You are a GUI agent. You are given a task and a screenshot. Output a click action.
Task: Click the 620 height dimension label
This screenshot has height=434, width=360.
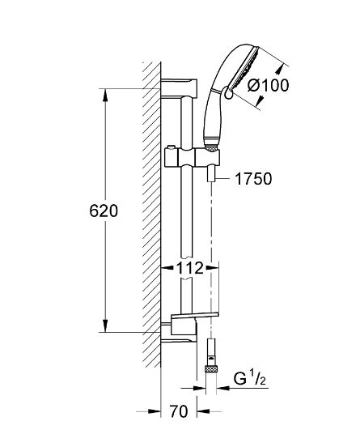103,211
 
